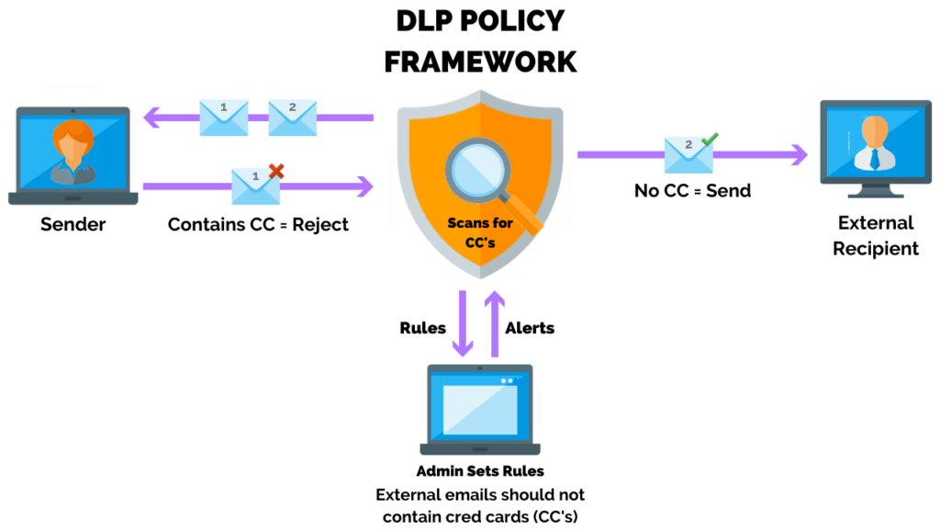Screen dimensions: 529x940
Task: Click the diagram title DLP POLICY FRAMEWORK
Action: tap(479, 41)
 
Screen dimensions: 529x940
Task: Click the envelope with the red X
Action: tap(255, 186)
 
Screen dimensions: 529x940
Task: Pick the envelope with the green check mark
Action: tap(689, 154)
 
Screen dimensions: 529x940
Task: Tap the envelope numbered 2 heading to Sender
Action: tap(292, 118)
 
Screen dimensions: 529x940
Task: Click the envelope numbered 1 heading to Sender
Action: tap(224, 118)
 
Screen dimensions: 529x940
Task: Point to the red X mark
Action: tap(275, 170)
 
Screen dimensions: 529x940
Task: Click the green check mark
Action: tap(709, 140)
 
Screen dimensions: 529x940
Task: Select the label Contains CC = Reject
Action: tap(258, 224)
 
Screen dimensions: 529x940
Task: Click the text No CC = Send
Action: tap(692, 191)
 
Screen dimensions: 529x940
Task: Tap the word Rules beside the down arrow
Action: tap(423, 328)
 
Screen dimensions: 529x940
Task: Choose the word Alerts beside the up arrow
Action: tap(530, 328)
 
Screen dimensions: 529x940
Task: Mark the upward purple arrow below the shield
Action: tap(495, 323)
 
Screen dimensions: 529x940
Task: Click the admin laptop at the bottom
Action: tap(480, 411)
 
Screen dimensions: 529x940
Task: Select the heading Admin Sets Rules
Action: tap(480, 471)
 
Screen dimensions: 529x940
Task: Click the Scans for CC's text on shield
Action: tap(479, 231)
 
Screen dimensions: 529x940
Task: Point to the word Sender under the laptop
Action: tap(73, 224)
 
